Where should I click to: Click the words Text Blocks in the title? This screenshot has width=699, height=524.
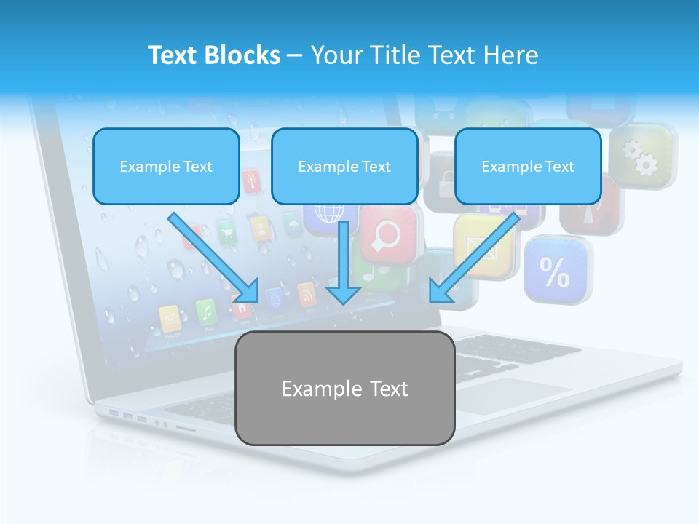[213, 55]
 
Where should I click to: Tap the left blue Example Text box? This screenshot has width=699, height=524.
[166, 166]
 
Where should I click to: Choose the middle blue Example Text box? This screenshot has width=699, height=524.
[344, 166]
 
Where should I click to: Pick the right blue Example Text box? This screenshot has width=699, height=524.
[528, 166]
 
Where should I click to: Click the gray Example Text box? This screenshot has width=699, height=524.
[344, 388]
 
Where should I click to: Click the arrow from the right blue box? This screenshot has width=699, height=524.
[474, 258]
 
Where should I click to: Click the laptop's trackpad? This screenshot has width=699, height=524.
[510, 394]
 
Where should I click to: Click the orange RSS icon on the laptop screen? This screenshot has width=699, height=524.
[307, 294]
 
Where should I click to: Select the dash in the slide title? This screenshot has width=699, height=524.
[295, 55]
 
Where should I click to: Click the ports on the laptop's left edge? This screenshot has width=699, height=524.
[128, 416]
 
